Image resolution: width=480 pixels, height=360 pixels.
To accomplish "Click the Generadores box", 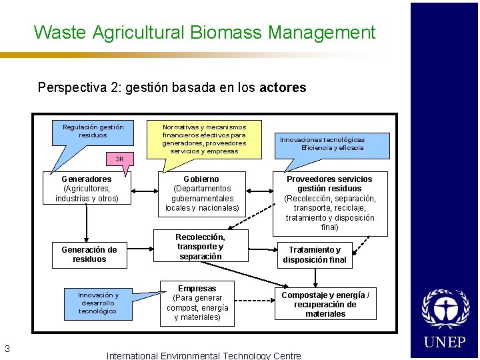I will [x=87, y=189].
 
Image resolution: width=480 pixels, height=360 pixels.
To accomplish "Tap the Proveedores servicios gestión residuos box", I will [x=329, y=203].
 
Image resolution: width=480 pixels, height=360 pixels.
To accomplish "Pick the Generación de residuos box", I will [x=89, y=255].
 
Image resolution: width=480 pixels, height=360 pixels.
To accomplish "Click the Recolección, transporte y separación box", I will [x=200, y=247].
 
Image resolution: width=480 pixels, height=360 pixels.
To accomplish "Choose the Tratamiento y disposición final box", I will [x=314, y=255].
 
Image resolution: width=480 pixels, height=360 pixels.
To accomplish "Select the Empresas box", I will [x=197, y=303].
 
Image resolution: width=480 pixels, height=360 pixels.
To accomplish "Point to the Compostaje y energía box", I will [x=325, y=304].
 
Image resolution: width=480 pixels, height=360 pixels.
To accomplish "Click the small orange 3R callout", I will [x=120, y=159].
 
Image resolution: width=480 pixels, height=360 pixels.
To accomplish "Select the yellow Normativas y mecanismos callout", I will [x=203, y=139].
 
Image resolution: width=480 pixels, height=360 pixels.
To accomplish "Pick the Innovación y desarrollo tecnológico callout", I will [x=98, y=303].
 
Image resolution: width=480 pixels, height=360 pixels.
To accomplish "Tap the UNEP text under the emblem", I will [x=445, y=343].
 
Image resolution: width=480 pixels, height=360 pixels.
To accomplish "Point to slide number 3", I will [x=7, y=347].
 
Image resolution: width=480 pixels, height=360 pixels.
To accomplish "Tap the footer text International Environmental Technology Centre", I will [x=203, y=355].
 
